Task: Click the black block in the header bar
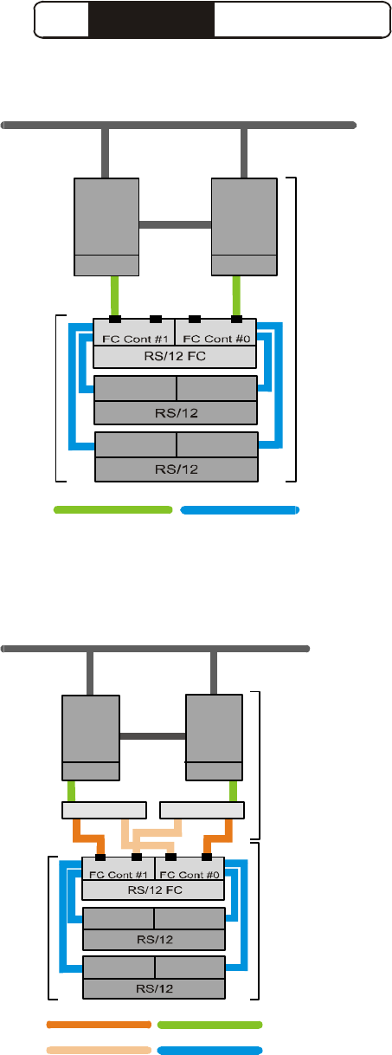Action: pos(151,19)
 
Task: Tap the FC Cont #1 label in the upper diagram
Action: pos(135,339)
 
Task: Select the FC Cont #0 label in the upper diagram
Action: pos(216,339)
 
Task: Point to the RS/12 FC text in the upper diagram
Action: pos(175,356)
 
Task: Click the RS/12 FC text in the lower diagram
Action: pos(155,890)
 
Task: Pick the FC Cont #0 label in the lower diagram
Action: pos(190,875)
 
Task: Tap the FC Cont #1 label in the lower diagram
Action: pos(118,875)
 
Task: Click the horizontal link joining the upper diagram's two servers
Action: pos(175,224)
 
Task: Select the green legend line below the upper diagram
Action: pos(113,509)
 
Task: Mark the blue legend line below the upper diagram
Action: pos(240,510)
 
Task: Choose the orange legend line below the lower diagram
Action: pos(99,1025)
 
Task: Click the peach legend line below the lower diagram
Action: pos(99,1050)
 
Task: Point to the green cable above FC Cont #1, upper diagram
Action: pos(114,295)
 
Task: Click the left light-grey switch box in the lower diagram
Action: pos(104,810)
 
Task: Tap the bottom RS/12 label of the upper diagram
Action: pos(177,469)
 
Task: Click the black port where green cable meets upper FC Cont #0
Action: pos(237,320)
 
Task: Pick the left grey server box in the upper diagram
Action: pos(106,227)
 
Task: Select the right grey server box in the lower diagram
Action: pos(214,737)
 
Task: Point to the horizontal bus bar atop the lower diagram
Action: pos(155,649)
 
